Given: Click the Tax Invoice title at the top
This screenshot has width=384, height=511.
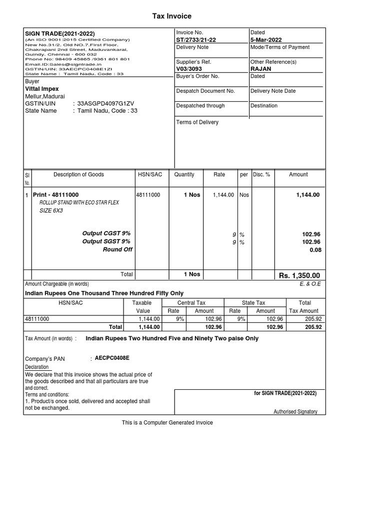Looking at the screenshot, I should (171, 16).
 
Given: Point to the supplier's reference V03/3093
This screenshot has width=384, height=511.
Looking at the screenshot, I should (190, 69).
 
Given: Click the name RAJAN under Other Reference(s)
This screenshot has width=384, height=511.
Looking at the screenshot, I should (261, 69).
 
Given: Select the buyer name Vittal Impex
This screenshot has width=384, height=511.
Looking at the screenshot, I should (41, 89).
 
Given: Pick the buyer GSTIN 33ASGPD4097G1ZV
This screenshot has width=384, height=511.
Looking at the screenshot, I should (105, 103).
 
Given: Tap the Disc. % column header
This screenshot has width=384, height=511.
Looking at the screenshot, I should (261, 175).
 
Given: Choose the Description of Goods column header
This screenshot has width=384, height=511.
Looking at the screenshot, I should (78, 175).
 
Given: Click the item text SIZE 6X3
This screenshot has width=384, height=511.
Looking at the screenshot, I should (51, 211).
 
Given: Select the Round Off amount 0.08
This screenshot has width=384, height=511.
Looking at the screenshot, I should (315, 250).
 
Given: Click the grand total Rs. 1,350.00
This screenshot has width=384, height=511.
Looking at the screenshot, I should (299, 276).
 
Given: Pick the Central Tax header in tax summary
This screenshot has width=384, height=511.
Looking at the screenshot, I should (191, 303).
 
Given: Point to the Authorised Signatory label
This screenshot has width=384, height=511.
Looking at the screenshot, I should (295, 412).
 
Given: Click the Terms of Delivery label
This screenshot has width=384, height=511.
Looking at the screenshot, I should (197, 122).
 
